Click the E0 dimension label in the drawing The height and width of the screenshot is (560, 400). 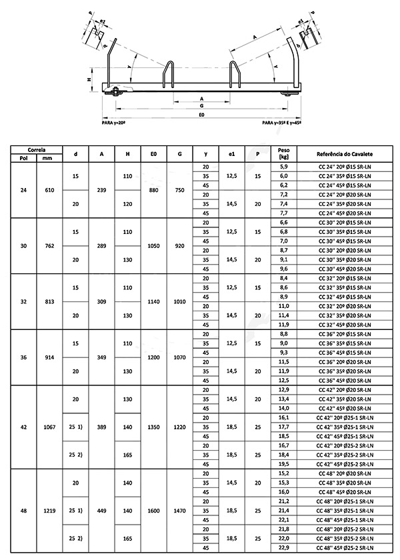(x=201, y=115)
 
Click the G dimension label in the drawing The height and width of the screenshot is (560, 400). (x=201, y=107)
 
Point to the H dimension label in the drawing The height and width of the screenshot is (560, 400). (x=90, y=79)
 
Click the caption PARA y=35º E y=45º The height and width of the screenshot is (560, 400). (x=281, y=124)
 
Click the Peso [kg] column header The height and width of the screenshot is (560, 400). (x=283, y=154)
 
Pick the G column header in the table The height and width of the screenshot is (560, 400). (x=179, y=154)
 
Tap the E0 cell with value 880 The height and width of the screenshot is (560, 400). (x=153, y=190)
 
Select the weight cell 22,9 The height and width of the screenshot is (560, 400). (x=283, y=548)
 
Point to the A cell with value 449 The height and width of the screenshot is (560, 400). (x=101, y=511)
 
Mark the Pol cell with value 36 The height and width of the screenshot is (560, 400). (x=24, y=357)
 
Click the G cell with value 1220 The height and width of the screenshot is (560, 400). (x=179, y=426)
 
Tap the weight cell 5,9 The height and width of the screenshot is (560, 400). (x=283, y=165)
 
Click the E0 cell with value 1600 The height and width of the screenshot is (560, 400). (x=153, y=511)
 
